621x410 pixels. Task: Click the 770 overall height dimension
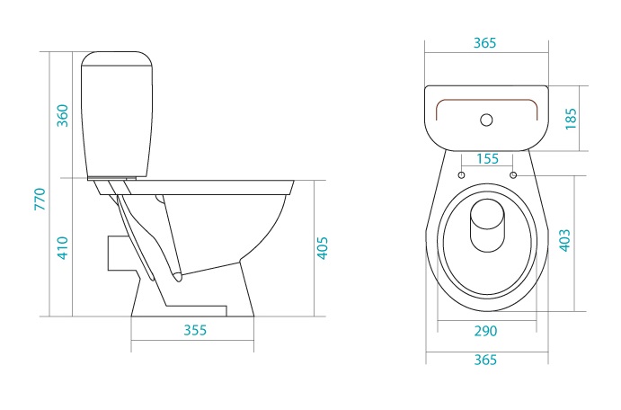40,199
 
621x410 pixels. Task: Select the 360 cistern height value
63,116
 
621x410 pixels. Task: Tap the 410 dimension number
63,248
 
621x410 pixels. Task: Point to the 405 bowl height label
323,248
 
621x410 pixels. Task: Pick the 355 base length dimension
195,330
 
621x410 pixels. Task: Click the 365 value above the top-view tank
484,43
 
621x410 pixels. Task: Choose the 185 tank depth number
571,119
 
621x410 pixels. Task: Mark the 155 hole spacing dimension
487,158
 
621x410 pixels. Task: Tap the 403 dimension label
564,240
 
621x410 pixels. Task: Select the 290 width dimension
485,331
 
